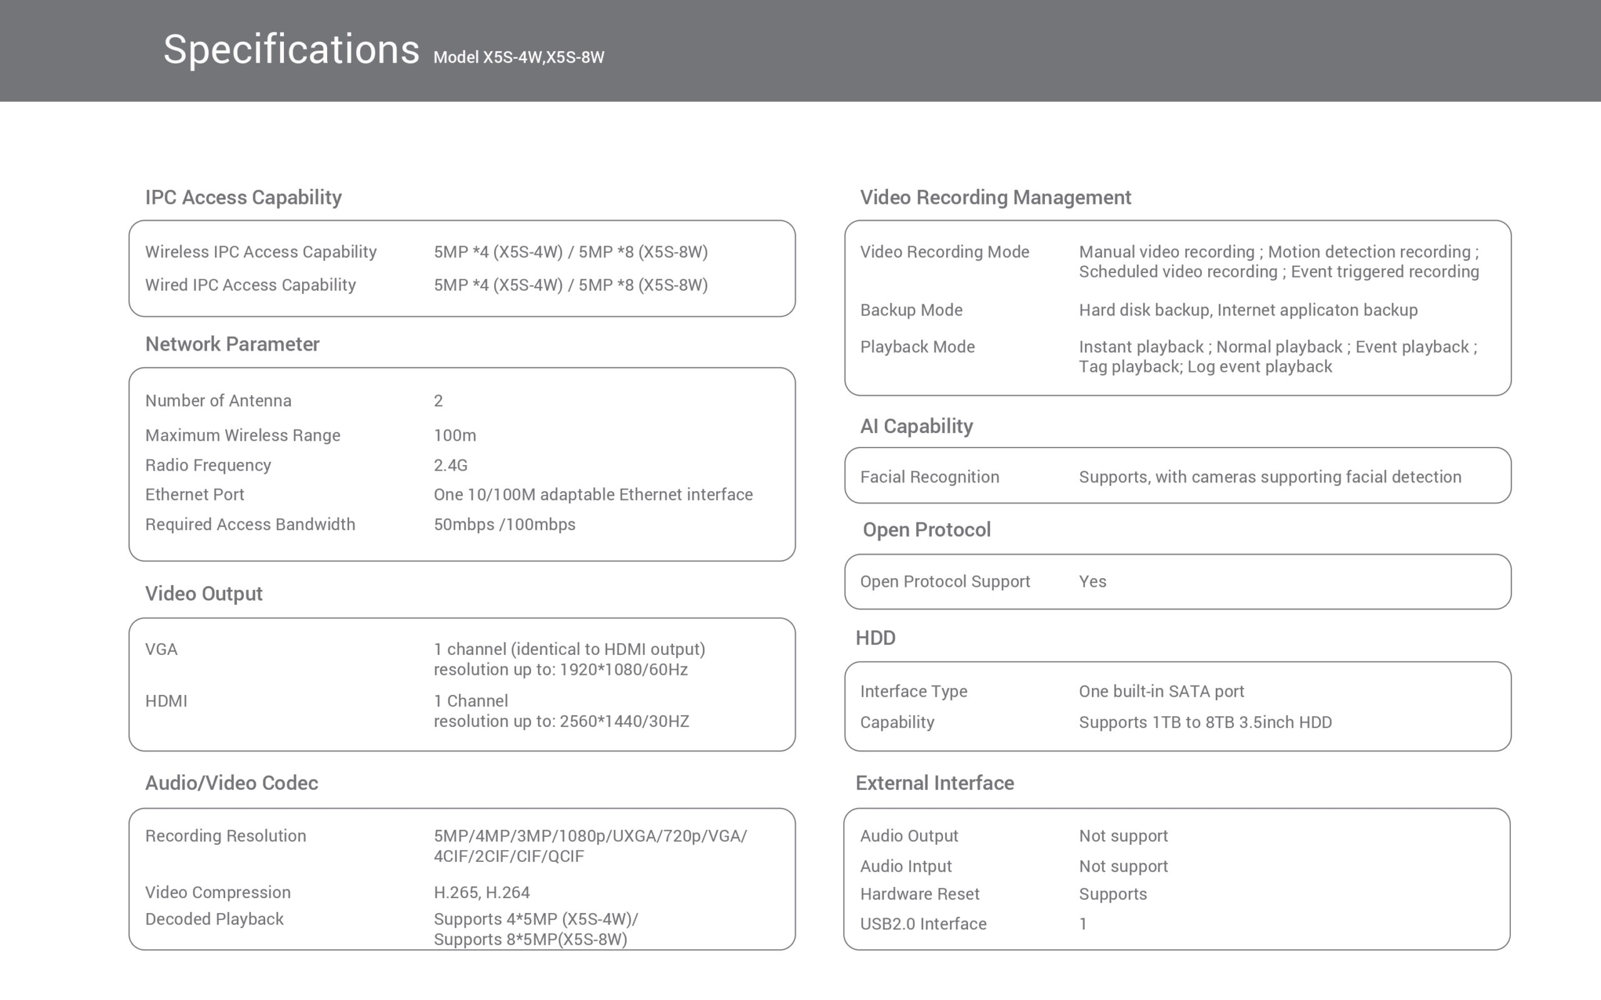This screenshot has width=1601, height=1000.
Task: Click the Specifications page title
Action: click(291, 49)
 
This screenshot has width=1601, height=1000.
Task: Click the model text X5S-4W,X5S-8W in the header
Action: click(518, 57)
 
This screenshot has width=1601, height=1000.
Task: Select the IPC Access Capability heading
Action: click(243, 197)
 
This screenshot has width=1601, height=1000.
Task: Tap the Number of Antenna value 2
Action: click(438, 401)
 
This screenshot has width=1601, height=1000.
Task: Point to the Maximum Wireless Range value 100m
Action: click(455, 435)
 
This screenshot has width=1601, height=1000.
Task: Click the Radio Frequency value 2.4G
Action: click(450, 465)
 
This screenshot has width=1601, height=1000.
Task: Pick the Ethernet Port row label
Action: click(194, 495)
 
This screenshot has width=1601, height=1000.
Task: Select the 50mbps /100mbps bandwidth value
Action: click(504, 524)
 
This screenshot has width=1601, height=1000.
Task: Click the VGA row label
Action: click(161, 649)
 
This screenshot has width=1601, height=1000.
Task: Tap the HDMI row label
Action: click(166, 701)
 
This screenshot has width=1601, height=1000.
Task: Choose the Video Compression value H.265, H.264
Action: click(482, 892)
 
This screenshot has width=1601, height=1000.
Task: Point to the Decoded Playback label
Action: click(215, 919)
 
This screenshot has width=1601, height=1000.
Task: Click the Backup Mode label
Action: click(911, 310)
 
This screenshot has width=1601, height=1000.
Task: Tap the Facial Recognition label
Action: click(929, 477)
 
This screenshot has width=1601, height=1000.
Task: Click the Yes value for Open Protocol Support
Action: click(1093, 581)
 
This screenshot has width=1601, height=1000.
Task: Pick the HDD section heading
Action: click(876, 638)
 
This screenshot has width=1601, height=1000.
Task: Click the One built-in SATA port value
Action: click(1161, 691)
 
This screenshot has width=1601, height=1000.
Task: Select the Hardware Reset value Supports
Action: click(1113, 894)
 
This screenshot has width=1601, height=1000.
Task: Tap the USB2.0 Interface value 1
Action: click(1083, 924)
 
